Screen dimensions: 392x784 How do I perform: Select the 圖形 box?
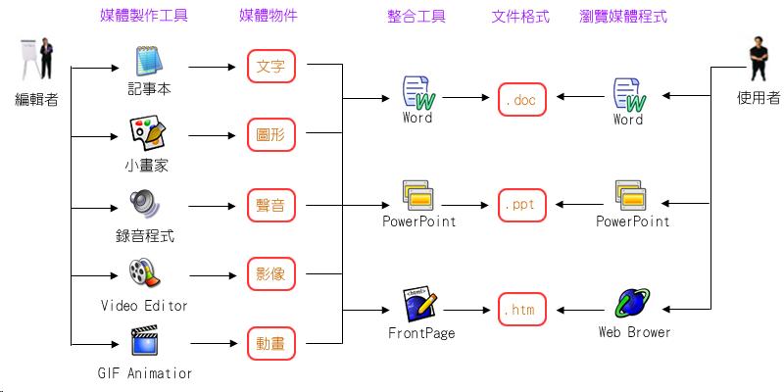pos(271,135)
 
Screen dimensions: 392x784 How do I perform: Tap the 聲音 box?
pos(271,206)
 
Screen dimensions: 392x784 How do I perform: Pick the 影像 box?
pos(271,274)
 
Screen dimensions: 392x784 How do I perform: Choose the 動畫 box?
pos(271,343)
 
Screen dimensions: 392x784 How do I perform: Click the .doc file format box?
pos(521,99)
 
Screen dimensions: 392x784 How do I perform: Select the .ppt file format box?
pos(521,205)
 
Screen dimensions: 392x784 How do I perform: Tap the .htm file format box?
pos(521,309)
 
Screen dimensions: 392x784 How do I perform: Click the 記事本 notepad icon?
pos(148,62)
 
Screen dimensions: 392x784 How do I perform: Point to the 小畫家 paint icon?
pos(146,132)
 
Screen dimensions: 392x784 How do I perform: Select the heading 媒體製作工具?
pos(144,17)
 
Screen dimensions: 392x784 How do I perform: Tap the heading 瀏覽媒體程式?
pos(628,17)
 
